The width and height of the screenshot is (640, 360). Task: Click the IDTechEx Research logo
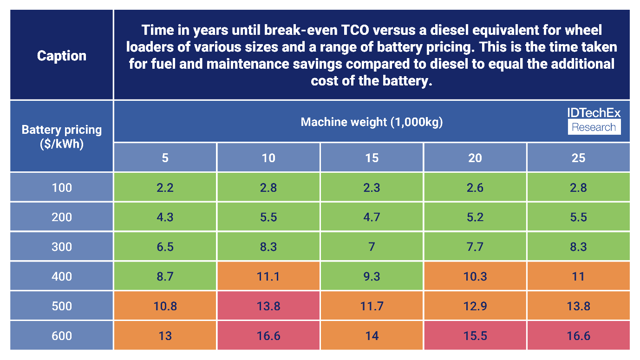tap(594, 121)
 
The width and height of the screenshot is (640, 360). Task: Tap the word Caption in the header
tap(62, 56)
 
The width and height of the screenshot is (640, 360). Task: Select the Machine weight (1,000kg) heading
tap(372, 122)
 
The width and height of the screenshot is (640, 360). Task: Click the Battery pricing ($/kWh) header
tap(62, 136)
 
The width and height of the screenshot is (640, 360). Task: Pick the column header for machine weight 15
tap(372, 158)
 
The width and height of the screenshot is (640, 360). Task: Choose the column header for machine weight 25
tap(578, 158)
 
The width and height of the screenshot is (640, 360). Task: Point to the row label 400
tap(62, 276)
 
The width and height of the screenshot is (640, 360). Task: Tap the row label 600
tap(62, 335)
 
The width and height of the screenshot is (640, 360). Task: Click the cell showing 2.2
tap(165, 188)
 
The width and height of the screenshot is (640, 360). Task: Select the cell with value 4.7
tap(372, 217)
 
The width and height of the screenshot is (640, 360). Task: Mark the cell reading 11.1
tap(268, 276)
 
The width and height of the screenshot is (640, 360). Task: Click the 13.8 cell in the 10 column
tap(268, 306)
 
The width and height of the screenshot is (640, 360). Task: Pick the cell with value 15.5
tap(475, 335)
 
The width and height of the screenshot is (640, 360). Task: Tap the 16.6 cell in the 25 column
tap(578, 335)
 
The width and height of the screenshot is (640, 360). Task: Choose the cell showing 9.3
tap(372, 276)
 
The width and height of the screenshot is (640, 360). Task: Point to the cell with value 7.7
tap(475, 247)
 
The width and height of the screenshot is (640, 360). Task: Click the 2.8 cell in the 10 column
tap(268, 188)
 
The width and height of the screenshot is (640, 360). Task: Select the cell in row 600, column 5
tap(165, 335)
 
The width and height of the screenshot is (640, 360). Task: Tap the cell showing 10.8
tap(165, 306)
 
